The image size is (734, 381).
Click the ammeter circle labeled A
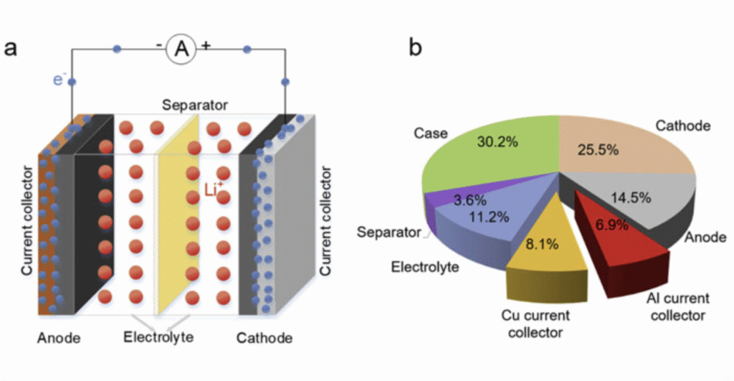pyautogui.click(x=182, y=49)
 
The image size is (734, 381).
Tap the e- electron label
pyautogui.click(x=59, y=80)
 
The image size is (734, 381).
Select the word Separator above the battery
pyautogui.click(x=195, y=105)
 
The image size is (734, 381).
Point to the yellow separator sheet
pyautogui.click(x=176, y=215)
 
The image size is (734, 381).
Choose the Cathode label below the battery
pyautogui.click(x=264, y=337)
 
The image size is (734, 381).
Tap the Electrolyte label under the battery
pyautogui.click(x=158, y=337)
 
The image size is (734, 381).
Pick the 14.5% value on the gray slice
pyautogui.click(x=629, y=195)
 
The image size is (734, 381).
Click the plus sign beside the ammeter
pyautogui.click(x=206, y=44)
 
